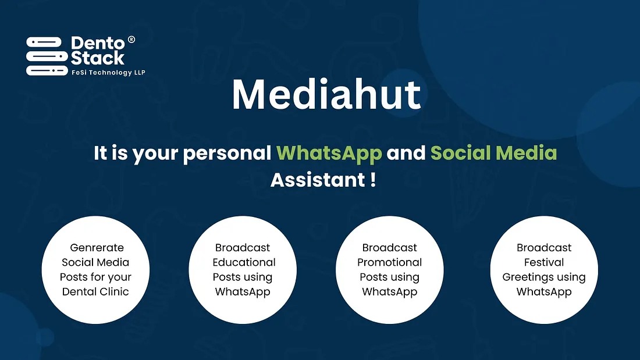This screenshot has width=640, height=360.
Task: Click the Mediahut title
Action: pyautogui.click(x=326, y=95)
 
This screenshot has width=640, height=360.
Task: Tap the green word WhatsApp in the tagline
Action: pyautogui.click(x=329, y=154)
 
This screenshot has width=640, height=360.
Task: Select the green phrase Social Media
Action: pyautogui.click(x=493, y=153)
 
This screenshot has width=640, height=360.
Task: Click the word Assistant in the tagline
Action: pyautogui.click(x=318, y=180)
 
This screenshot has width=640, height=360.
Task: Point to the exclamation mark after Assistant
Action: pyautogui.click(x=374, y=180)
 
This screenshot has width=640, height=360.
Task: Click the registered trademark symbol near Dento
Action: pyautogui.click(x=131, y=40)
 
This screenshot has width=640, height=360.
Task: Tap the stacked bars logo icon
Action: pyautogui.click(x=47, y=56)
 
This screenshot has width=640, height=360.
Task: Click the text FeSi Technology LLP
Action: pyautogui.click(x=108, y=73)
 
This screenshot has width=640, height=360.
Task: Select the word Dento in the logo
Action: pyautogui.click(x=98, y=43)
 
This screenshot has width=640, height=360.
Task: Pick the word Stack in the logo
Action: pyautogui.click(x=98, y=58)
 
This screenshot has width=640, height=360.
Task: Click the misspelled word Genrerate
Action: pyautogui.click(x=97, y=248)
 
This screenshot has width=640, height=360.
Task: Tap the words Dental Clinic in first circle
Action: pyautogui.click(x=95, y=292)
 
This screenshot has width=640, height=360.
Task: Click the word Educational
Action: pyautogui.click(x=244, y=262)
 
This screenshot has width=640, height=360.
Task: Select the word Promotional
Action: pyautogui.click(x=389, y=262)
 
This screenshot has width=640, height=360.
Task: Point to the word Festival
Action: pyautogui.click(x=544, y=262)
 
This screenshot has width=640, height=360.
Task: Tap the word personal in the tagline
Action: pyautogui.click(x=227, y=154)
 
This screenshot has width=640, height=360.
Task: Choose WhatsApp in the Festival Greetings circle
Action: pyautogui.click(x=544, y=292)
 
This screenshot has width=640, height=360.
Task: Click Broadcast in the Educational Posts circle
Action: pyautogui.click(x=243, y=248)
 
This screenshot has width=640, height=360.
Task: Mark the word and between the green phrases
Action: pyautogui.click(x=406, y=153)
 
